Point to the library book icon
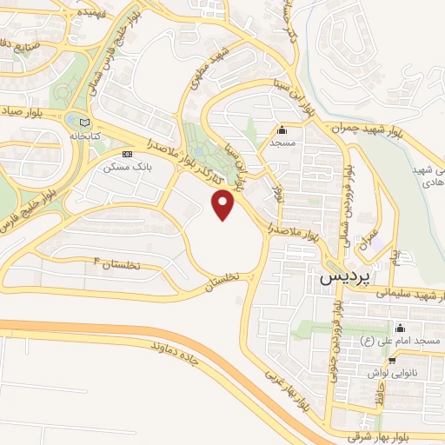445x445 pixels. click(83, 122)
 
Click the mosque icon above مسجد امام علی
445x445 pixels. click(401, 329)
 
